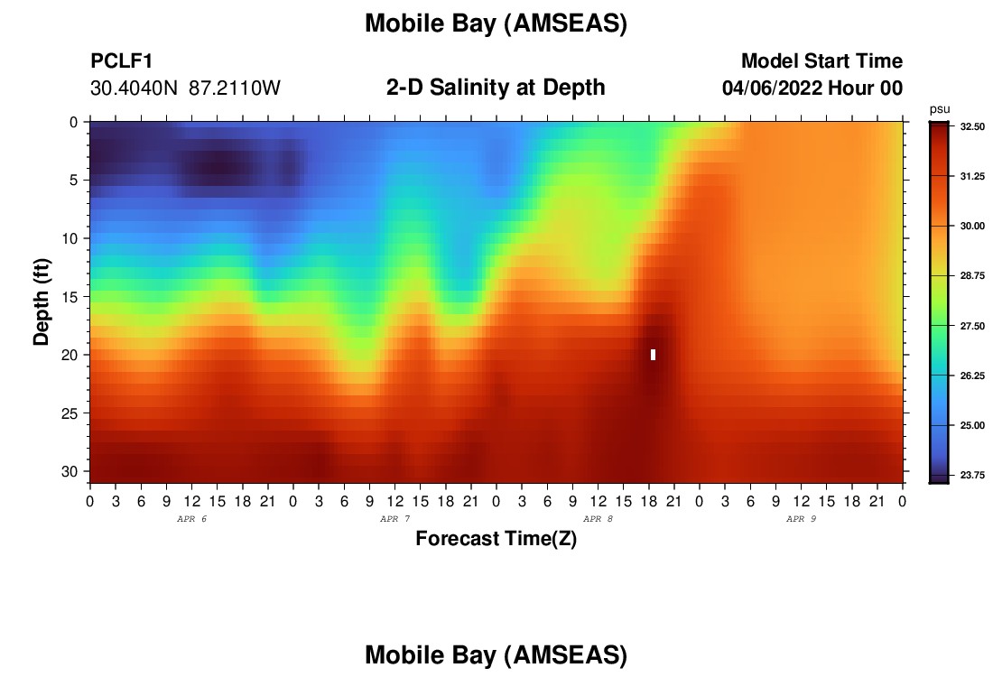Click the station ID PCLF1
122,60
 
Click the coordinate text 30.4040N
134,88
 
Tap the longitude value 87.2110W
235,88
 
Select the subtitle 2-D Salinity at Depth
496,88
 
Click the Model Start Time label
822,60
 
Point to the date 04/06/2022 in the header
772,88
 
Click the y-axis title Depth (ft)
42,301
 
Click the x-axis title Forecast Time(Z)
496,538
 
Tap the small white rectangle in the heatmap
653,355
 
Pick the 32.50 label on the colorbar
972,126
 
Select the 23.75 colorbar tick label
972,475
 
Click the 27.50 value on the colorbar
972,326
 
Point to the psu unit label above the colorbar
940,109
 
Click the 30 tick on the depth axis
70,472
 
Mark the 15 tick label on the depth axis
70,297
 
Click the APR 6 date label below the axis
191,519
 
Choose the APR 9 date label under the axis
801,519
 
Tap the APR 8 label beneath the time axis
598,519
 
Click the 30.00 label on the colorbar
972,226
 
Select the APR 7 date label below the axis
394,519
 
